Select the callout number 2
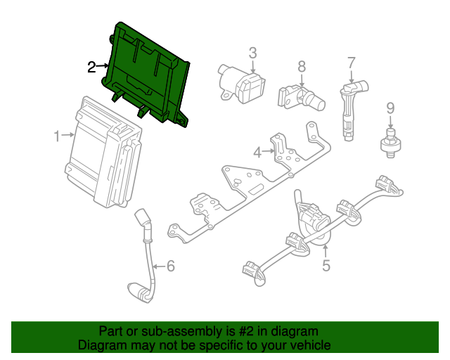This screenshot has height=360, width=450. pyautogui.click(x=91, y=67)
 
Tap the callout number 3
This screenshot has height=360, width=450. pyautogui.click(x=252, y=52)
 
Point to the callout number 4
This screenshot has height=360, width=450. pyautogui.click(x=257, y=152)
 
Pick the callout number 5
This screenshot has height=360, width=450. pyautogui.click(x=326, y=266)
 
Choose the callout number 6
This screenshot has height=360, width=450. pyautogui.click(x=169, y=266)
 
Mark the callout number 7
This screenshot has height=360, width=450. pyautogui.click(x=352, y=64)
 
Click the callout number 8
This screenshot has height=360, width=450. pyautogui.click(x=301, y=66)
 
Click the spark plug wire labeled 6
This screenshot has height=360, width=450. pyautogui.click(x=146, y=253)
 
